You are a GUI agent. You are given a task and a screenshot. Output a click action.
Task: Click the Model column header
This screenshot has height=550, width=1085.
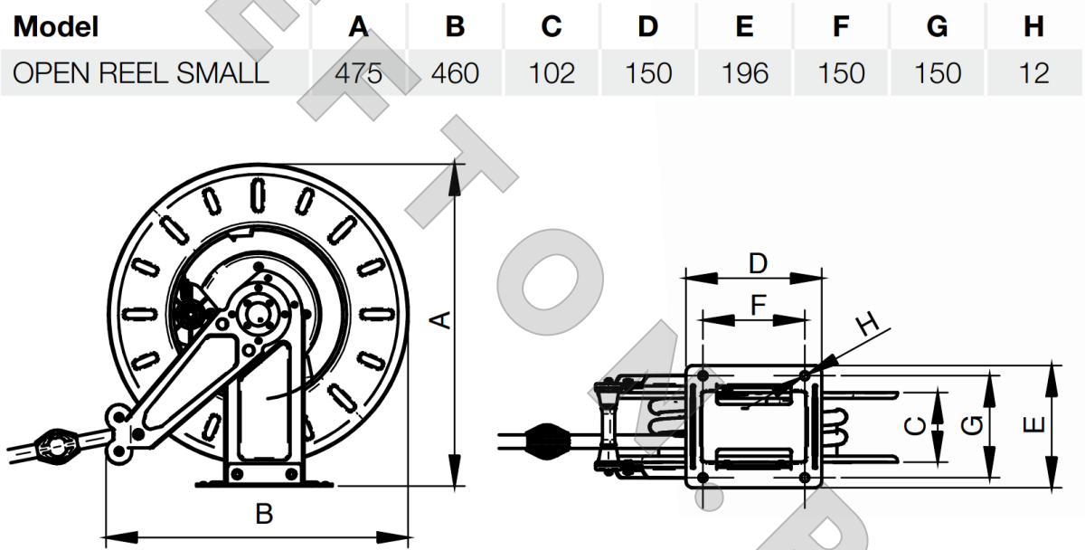pos(56,26)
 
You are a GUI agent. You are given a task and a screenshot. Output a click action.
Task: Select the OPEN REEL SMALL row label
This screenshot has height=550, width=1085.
pos(140,73)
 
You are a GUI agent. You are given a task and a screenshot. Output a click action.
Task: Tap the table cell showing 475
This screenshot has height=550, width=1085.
pos(358,73)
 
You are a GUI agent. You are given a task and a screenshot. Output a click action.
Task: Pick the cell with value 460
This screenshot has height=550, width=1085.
pos(455,73)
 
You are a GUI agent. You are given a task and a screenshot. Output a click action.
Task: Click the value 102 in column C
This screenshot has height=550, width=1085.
pos(552,73)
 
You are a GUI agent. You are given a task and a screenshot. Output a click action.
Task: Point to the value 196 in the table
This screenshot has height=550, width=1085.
pos(744,73)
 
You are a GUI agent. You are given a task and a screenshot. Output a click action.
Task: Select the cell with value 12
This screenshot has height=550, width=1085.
pos(1033,73)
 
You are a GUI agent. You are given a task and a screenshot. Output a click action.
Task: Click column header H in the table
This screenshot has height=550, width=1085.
pos(1033,26)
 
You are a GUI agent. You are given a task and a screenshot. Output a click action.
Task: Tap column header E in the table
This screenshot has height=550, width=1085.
pos(744,26)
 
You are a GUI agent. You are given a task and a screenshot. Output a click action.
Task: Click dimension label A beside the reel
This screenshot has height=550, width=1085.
pos(441,320)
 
